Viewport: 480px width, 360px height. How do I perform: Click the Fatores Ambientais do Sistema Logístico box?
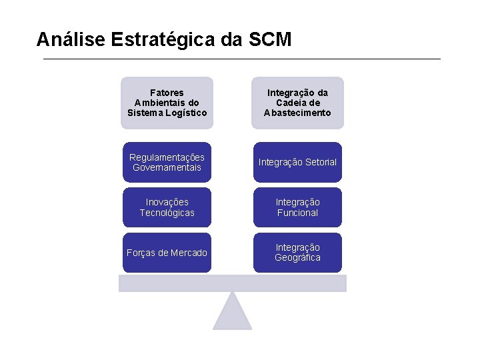pos(167,103)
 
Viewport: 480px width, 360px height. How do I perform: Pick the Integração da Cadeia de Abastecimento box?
pos(297,103)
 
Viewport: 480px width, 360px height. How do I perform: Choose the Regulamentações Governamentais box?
pos(167,162)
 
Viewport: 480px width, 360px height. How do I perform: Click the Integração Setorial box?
pos(297,162)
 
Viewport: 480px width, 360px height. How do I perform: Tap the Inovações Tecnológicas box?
pos(167,207)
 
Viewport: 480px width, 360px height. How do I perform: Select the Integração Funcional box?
pos(297,207)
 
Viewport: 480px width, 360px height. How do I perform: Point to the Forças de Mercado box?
pos(167,253)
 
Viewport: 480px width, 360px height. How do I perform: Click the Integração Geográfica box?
pos(297,253)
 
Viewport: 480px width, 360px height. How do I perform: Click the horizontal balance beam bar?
pos(233,283)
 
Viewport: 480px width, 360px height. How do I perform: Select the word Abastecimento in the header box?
pos(297,113)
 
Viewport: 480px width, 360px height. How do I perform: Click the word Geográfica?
pos(297,258)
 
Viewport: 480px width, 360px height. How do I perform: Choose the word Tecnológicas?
pos(167,213)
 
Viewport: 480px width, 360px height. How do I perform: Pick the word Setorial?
pos(320,162)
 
